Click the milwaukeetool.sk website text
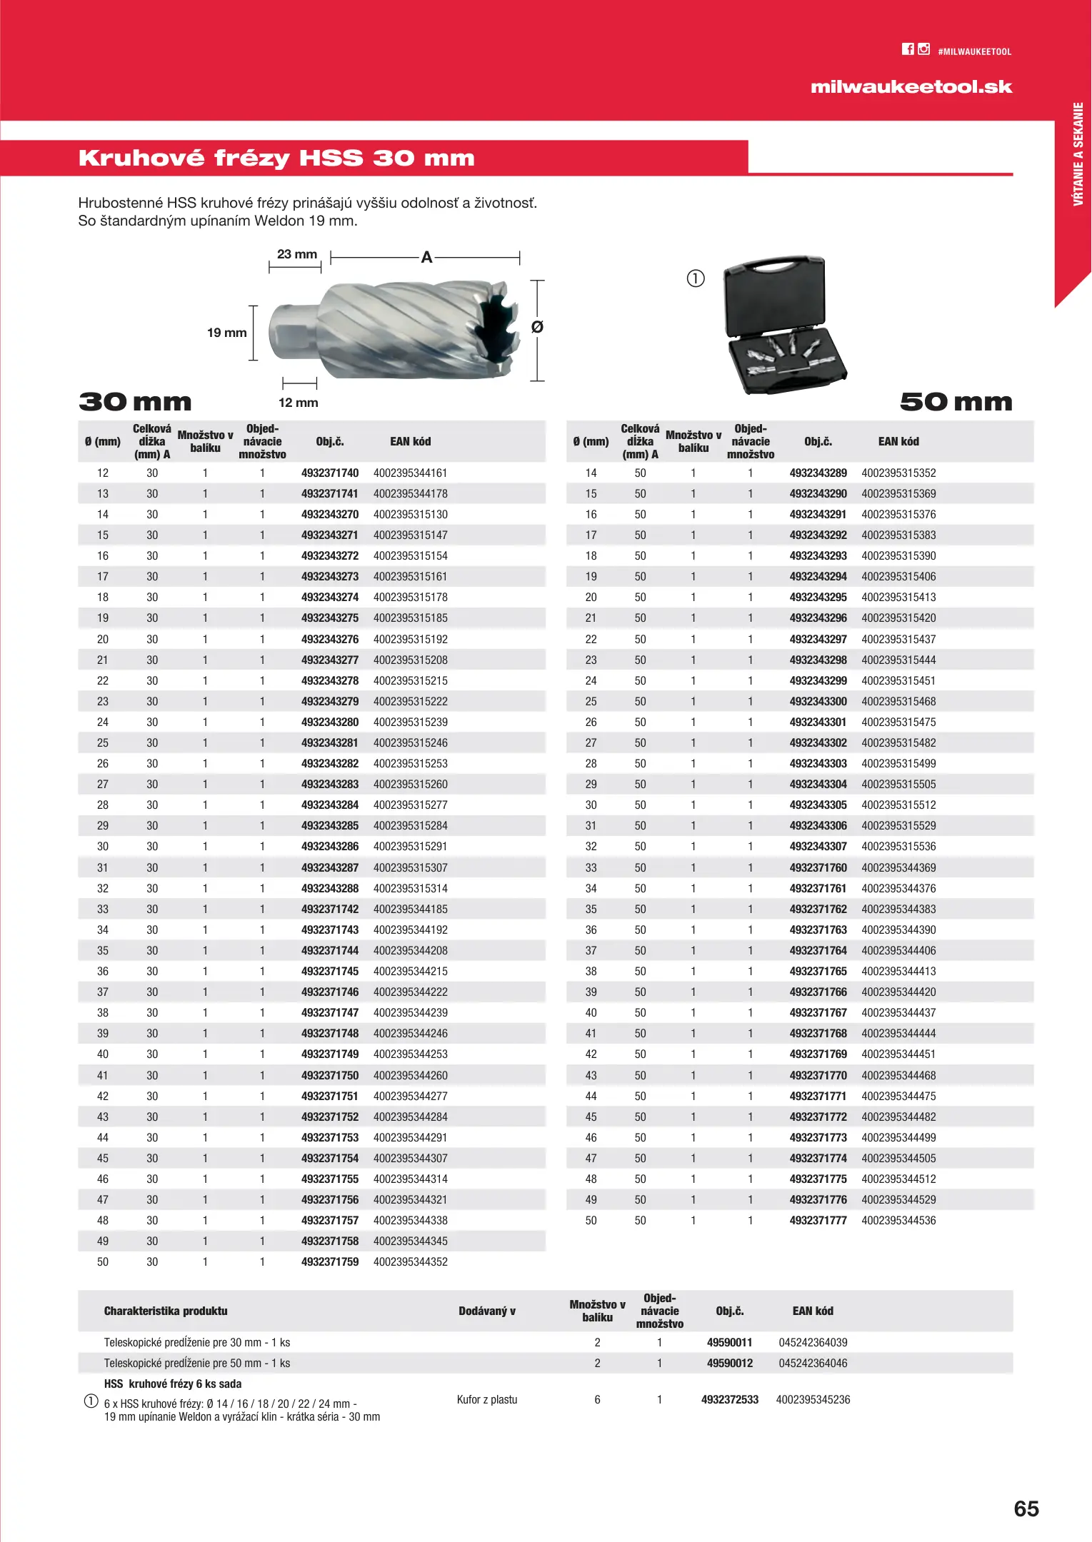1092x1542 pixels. click(911, 87)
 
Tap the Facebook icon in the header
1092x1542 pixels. click(908, 49)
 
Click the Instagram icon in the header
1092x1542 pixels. click(924, 49)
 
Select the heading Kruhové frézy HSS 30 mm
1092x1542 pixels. click(276, 158)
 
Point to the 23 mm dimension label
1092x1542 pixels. click(297, 254)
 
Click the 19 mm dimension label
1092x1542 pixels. click(226, 333)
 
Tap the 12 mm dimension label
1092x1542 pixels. click(299, 403)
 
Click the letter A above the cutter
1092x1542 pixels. click(426, 258)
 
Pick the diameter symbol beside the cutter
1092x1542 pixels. click(537, 327)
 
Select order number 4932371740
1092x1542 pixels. click(330, 473)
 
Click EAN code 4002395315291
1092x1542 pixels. click(411, 846)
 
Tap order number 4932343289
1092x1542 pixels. click(818, 473)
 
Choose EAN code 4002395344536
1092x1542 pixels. click(898, 1220)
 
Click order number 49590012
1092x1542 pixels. click(729, 1363)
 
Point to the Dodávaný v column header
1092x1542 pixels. click(487, 1311)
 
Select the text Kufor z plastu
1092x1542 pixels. click(487, 1399)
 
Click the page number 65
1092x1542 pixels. click(1026, 1508)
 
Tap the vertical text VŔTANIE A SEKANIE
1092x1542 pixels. click(1078, 153)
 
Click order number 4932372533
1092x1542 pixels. click(729, 1399)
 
